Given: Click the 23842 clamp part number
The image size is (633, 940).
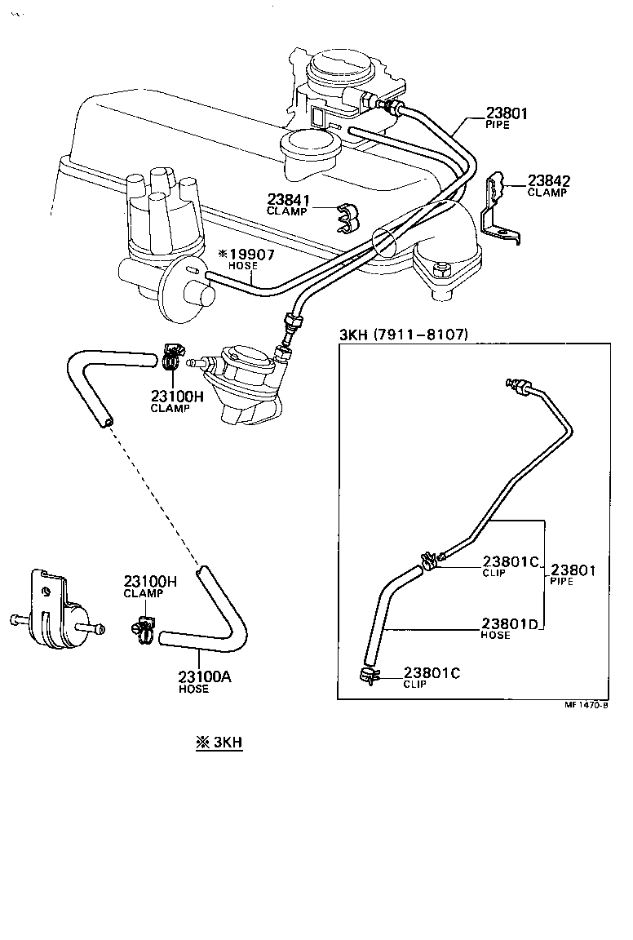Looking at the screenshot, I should point(549,181).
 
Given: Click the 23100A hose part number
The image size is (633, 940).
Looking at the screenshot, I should point(205,676).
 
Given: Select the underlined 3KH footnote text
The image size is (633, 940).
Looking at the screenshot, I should point(219,743).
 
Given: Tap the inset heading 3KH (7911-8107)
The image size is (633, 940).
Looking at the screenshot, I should point(404,334).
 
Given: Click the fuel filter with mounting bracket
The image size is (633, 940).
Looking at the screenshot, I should point(55,616).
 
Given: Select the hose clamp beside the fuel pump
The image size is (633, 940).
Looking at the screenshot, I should point(171,355).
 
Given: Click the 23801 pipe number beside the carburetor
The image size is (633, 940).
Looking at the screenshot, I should point(507,114).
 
